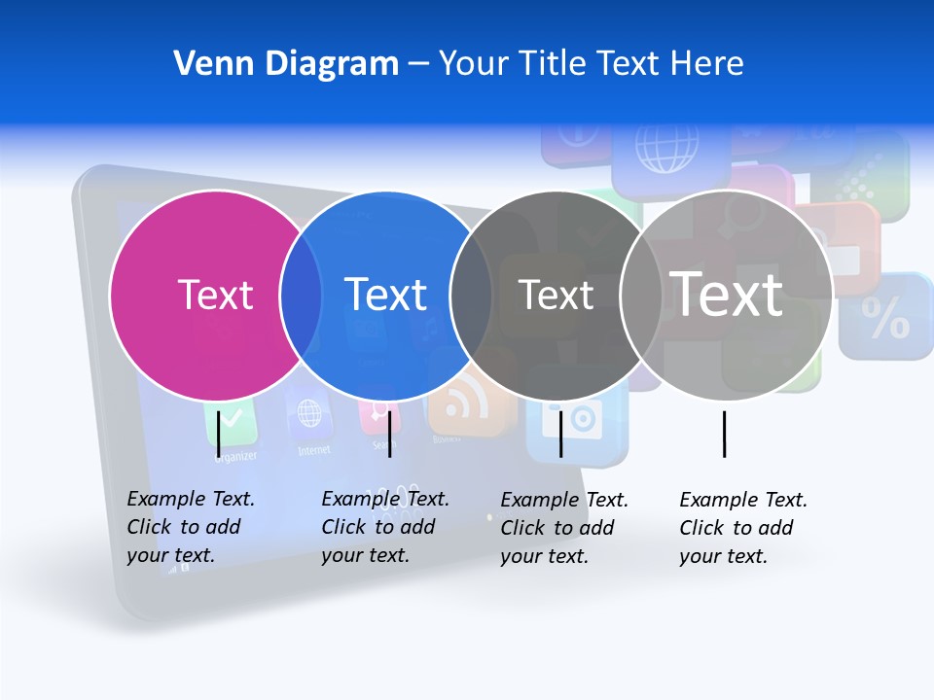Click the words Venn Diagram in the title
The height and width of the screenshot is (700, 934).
pyautogui.click(x=286, y=64)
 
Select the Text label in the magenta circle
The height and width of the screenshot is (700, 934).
pyautogui.click(x=215, y=295)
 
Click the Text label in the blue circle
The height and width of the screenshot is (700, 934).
pyautogui.click(x=386, y=295)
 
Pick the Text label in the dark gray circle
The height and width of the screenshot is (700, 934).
pyautogui.click(x=556, y=295)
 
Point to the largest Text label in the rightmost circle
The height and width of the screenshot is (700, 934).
pyautogui.click(x=727, y=294)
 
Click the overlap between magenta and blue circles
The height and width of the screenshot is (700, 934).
pyautogui.click(x=301, y=296)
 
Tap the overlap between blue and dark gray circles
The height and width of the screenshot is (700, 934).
pyautogui.click(x=471, y=296)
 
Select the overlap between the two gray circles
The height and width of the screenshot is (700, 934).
pyautogui.click(x=641, y=296)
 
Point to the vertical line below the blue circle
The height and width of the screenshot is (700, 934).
pyautogui.click(x=389, y=434)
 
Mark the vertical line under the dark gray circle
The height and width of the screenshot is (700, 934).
pyautogui.click(x=560, y=434)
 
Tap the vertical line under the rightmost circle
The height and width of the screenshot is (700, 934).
pyautogui.click(x=724, y=434)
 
